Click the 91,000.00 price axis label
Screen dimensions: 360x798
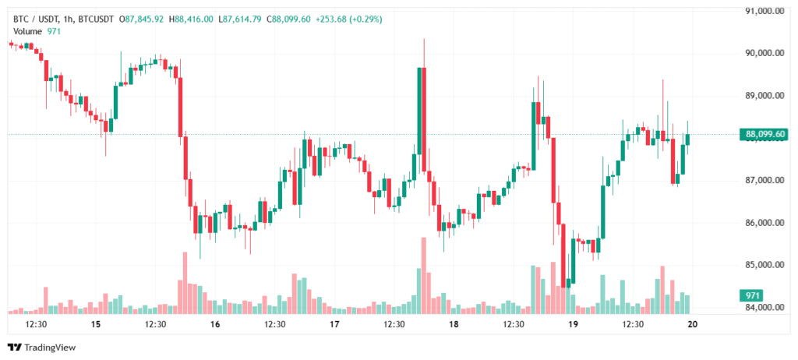[x=764, y=11]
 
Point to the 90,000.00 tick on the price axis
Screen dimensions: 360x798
[x=764, y=53]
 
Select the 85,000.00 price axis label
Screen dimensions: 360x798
[x=764, y=265]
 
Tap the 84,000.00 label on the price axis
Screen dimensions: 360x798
[x=764, y=307]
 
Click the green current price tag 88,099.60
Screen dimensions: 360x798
[x=764, y=134]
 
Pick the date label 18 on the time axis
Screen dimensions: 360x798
[x=454, y=324]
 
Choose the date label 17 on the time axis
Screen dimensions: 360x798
[x=335, y=324]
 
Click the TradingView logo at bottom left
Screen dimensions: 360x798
[x=37, y=348]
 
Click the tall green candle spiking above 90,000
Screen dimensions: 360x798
[x=421, y=109]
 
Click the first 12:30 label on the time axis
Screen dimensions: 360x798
[x=37, y=324]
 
